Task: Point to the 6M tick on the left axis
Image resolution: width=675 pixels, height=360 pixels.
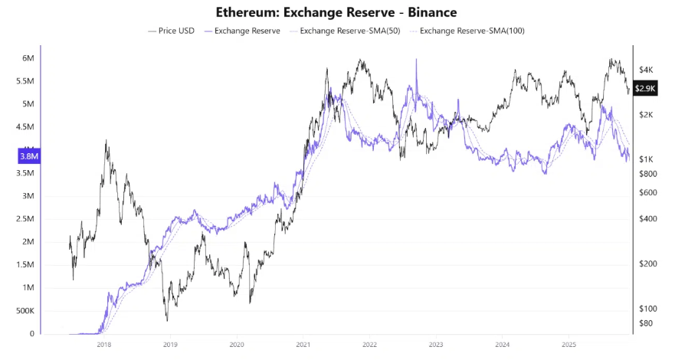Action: click(x=28, y=58)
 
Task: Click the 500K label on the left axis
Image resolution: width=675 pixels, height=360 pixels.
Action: click(x=25, y=311)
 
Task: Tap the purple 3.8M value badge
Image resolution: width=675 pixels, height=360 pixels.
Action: click(x=28, y=156)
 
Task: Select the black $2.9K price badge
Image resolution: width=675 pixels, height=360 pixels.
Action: click(x=646, y=88)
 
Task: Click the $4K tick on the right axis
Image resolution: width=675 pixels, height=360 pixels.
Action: click(x=645, y=70)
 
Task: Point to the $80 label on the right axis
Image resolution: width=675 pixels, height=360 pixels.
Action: click(x=645, y=322)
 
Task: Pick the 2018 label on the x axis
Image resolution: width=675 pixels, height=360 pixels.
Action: click(x=104, y=345)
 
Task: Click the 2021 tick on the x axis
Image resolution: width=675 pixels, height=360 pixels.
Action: click(x=303, y=345)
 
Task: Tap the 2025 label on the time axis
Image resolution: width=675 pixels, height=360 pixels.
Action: click(x=568, y=345)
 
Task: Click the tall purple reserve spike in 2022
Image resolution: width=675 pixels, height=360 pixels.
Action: click(x=416, y=61)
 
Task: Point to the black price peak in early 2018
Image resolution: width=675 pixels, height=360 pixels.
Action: click(x=106, y=141)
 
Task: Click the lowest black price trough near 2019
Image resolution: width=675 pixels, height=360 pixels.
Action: click(x=166, y=319)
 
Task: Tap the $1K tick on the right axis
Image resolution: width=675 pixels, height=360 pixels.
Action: click(x=645, y=159)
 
